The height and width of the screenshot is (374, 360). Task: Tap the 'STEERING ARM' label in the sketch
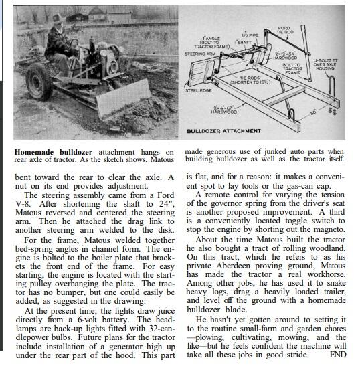[x=199, y=53]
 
